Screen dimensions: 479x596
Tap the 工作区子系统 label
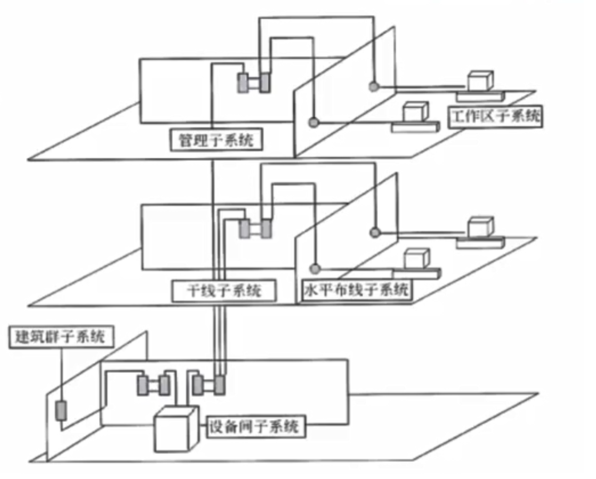click(495, 116)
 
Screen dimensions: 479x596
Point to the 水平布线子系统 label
click(356, 291)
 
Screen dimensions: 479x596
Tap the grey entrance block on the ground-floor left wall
click(62, 411)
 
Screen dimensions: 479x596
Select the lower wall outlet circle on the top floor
click(315, 122)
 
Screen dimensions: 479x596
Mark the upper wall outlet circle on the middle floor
click(375, 232)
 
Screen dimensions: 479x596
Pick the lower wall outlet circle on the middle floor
click(316, 267)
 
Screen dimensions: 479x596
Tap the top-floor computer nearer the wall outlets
click(416, 112)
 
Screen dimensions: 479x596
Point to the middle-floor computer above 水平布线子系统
click(417, 259)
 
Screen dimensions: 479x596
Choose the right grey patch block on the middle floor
click(265, 229)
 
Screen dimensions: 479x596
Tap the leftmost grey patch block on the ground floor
click(144, 385)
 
